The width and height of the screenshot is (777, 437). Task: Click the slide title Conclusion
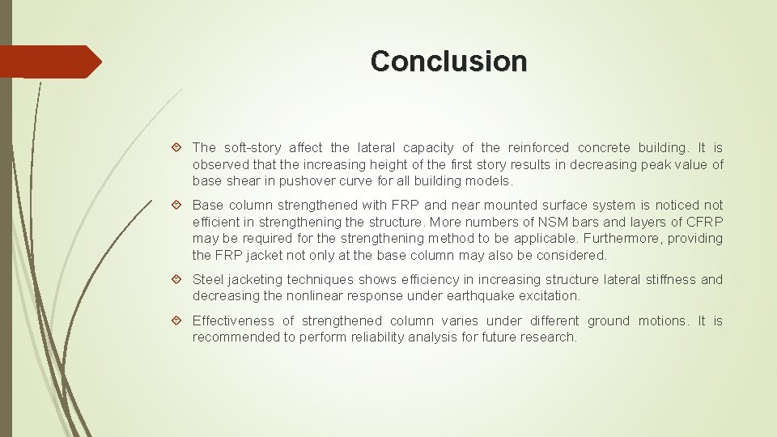(x=448, y=61)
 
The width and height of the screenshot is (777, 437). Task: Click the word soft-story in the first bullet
(x=253, y=147)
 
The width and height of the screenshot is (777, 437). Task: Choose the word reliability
(x=385, y=337)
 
